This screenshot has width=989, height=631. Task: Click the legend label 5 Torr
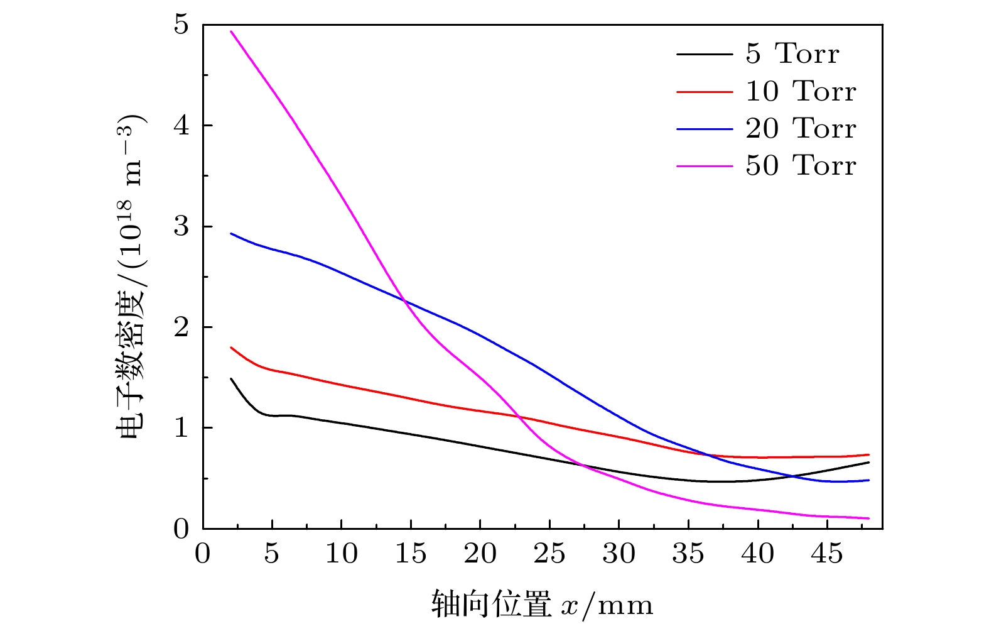coord(792,55)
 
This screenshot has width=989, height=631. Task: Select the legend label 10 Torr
coord(801,92)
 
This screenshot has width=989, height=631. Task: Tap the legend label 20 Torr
coord(801,129)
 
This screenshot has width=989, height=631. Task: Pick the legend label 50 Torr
coord(801,166)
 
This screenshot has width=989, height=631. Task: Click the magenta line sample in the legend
coord(704,167)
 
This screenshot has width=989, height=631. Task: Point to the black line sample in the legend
coord(704,55)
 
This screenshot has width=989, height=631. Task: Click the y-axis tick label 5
coord(181,25)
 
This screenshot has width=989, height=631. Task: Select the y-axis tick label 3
coord(181,226)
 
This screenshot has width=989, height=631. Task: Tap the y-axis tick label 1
coord(181,428)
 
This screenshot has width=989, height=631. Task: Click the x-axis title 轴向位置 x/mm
coord(542,605)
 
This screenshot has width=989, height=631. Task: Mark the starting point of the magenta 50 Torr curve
coord(231,31)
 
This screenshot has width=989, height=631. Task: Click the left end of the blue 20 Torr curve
coord(231,234)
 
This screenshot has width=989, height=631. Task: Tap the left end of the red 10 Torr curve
coord(231,348)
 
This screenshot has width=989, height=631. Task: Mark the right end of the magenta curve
coord(869,519)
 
